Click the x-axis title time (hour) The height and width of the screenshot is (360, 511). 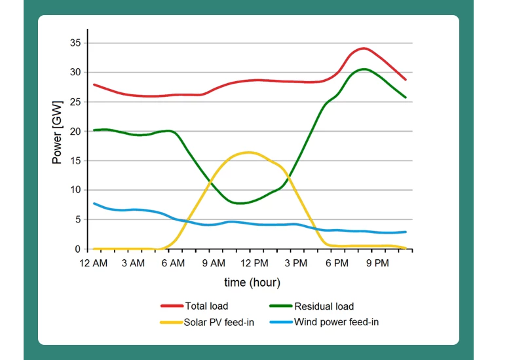252,283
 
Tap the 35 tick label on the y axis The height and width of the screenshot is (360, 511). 75,43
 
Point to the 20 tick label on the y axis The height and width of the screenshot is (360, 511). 75,132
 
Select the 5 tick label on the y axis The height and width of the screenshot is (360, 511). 77,220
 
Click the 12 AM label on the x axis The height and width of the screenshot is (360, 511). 94,263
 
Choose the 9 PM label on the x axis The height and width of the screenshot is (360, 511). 377,263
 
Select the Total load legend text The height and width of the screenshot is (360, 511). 206,306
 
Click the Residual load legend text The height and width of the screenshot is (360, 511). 324,306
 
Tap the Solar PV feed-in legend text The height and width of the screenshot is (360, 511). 219,322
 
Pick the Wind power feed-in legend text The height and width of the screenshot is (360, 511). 336,322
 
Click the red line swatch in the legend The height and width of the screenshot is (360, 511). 171,306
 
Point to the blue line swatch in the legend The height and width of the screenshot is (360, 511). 280,322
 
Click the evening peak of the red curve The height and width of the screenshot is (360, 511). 364,48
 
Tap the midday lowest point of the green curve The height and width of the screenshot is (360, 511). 240,203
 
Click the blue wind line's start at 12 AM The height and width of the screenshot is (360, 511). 94,204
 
